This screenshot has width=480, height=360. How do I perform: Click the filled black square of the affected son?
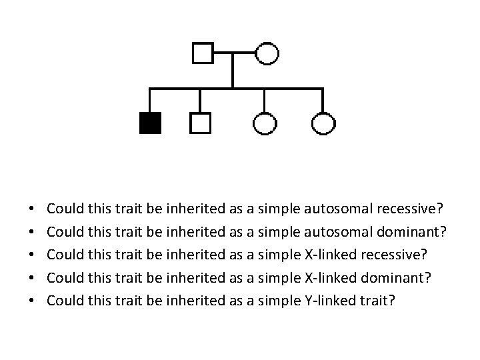click(150, 123)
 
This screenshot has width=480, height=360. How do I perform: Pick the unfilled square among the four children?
click(200, 123)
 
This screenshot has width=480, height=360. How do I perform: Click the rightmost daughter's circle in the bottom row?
click(323, 123)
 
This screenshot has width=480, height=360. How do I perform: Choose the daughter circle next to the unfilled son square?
click(265, 123)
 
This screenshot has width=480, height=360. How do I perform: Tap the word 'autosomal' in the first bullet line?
click(338, 209)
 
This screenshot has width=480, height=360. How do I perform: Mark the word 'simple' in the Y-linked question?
click(279, 300)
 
